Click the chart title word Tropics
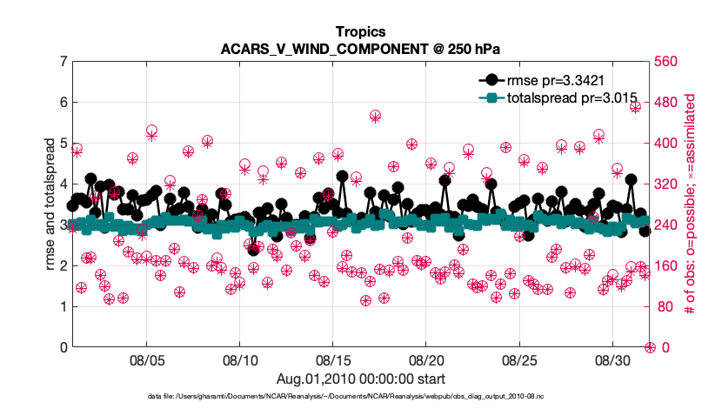pyautogui.click(x=360, y=31)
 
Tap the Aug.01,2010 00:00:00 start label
pyautogui.click(x=360, y=379)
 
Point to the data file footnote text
pyautogui.click(x=360, y=396)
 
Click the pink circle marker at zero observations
pyautogui.click(x=650, y=347)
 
